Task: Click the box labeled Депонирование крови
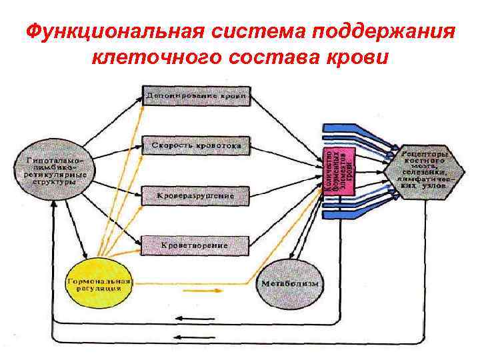coord(195,96)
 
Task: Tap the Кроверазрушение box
coord(195,196)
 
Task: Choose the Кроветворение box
coord(194,245)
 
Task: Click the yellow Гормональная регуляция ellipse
coord(98,285)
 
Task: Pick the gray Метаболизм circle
coord(289,285)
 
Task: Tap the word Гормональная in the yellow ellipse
coord(98,281)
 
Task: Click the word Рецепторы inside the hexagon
coord(424,154)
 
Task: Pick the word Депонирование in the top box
coord(182,97)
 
